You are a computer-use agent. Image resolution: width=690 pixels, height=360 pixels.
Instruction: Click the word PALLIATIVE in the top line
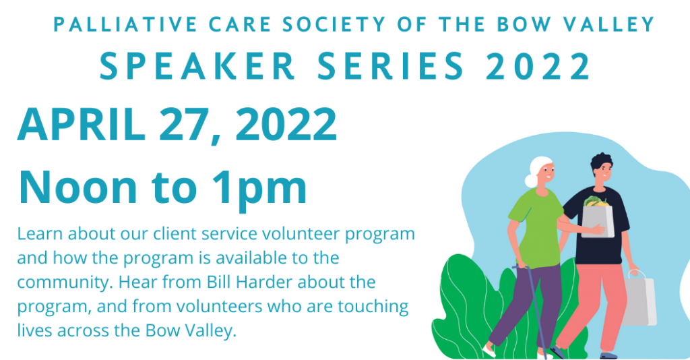coord(125,25)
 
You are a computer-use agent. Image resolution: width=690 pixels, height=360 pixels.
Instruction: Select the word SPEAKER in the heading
coord(197,67)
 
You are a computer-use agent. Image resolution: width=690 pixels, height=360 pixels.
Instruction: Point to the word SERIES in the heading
coord(391,67)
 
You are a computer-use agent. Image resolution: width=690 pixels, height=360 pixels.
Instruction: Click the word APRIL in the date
coord(82,125)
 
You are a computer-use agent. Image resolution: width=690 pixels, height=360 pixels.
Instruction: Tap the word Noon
coord(77,187)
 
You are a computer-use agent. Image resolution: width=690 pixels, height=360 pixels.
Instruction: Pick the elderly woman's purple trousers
coord(528,303)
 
